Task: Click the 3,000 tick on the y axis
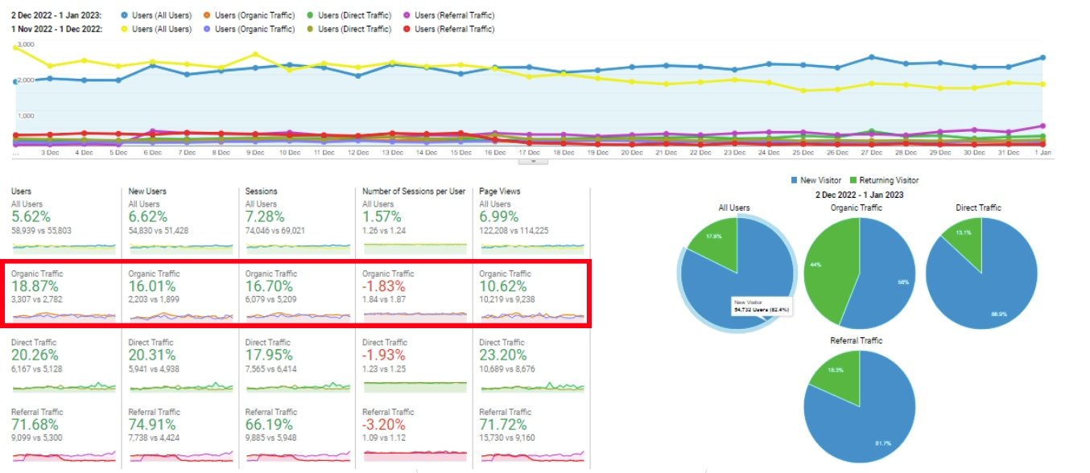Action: pos(24,44)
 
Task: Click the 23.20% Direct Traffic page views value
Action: pos(503,356)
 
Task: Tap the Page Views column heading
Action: pos(500,191)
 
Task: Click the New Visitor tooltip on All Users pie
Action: pos(759,306)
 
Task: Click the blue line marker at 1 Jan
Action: pos(1042,58)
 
